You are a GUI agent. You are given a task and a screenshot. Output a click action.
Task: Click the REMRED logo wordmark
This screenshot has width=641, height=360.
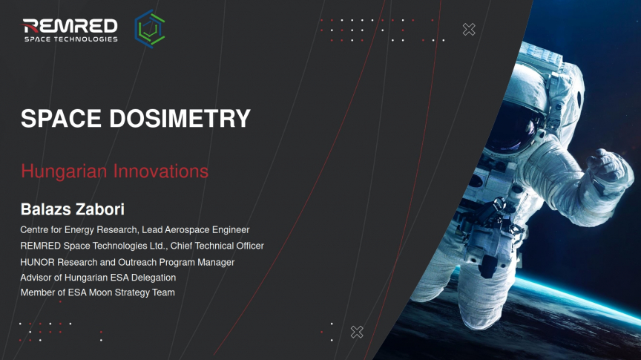(x=70, y=26)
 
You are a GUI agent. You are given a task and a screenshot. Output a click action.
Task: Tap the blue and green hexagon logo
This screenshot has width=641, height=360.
(x=150, y=29)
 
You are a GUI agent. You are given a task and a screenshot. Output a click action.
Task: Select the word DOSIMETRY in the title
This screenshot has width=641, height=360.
(x=180, y=118)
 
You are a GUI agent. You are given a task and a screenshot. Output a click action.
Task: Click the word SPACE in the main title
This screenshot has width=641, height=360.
(x=61, y=118)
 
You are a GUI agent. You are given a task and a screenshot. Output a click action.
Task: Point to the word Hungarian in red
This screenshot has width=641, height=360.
(x=64, y=171)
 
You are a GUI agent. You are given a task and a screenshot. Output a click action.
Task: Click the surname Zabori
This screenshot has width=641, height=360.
(x=101, y=209)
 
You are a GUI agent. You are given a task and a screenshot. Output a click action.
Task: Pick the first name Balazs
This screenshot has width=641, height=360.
(x=46, y=209)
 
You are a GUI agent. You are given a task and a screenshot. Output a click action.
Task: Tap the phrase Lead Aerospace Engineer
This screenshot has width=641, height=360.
(x=195, y=230)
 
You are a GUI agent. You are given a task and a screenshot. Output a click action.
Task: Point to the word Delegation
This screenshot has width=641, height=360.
(x=154, y=278)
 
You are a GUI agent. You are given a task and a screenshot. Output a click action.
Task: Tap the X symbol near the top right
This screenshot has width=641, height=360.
(x=469, y=30)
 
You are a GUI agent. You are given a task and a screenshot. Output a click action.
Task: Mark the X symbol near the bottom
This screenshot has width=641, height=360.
(x=357, y=332)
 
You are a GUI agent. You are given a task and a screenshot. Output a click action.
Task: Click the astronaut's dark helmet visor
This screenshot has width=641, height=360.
(x=514, y=126)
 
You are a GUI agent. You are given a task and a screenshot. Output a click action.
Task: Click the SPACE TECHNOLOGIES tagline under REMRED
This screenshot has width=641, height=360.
(x=71, y=39)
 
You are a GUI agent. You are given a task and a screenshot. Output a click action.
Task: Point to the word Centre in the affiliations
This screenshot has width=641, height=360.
(x=35, y=230)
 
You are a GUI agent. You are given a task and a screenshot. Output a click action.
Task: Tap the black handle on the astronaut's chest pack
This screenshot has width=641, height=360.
(x=488, y=266)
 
